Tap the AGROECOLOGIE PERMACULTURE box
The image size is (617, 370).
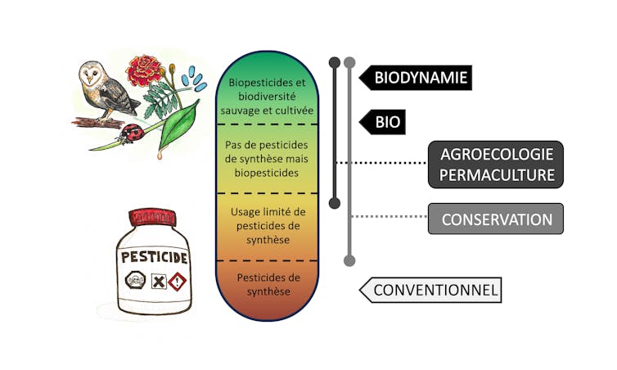tap(497, 164)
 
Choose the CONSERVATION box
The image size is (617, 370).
tap(497, 219)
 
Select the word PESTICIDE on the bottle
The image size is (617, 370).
tap(155, 257)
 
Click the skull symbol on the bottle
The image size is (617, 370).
tap(135, 282)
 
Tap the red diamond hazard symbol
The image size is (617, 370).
tap(177, 282)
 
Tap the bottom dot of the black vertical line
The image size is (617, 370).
tap(334, 201)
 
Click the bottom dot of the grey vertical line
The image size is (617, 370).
tap(349, 260)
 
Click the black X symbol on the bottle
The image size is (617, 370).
tap(158, 283)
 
